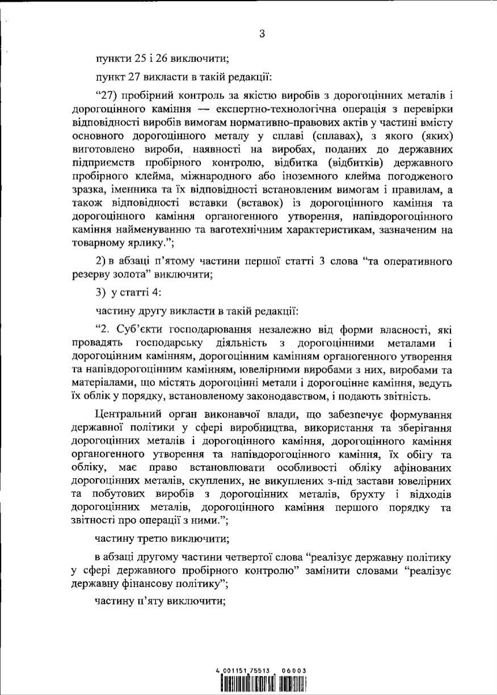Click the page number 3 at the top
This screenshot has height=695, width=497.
click(x=262, y=33)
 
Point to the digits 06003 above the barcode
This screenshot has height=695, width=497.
click(x=294, y=671)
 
